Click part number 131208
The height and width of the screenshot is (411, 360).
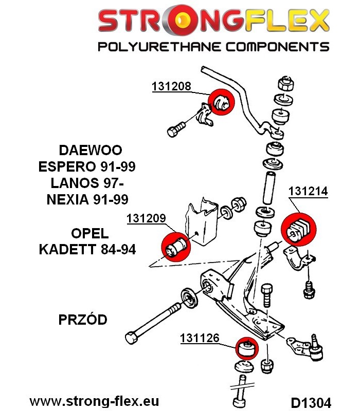pos(171,86)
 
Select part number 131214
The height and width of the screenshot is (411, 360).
pos(308,191)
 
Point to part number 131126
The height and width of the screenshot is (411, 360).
pos(200,338)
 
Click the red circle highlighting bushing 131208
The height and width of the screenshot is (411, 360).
pos(221,102)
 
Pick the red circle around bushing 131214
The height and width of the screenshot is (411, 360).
pos(299,230)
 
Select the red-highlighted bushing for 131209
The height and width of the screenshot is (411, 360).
pos(175,247)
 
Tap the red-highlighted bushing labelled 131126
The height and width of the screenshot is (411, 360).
pos(247,348)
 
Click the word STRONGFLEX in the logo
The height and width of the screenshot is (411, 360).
pos(213,21)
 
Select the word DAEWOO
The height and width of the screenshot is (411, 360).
pos(91,150)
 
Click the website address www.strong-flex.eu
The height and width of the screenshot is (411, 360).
pos(94,401)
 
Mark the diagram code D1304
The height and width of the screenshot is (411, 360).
pos(311,402)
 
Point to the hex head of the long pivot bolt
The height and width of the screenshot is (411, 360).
pos(132,338)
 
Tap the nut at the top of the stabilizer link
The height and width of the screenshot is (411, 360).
pos(285,84)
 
